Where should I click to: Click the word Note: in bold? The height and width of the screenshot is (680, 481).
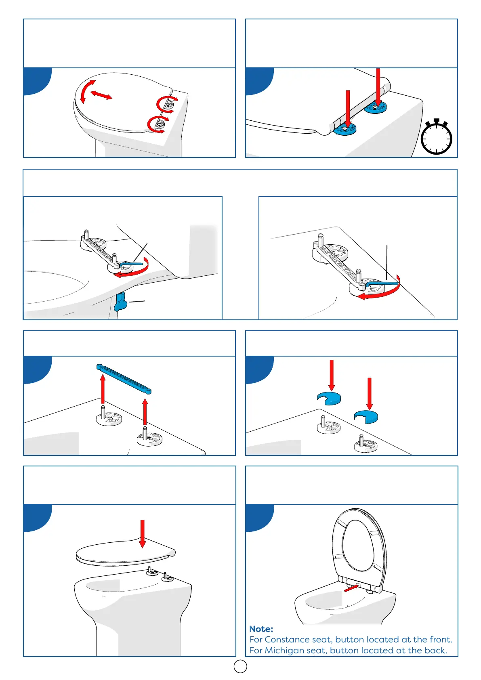(x=261, y=629)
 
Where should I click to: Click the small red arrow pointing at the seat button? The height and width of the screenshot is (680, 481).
(x=351, y=588)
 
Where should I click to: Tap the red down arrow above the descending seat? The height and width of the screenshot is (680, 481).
(x=142, y=533)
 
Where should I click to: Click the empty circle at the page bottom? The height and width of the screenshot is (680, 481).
(x=240, y=666)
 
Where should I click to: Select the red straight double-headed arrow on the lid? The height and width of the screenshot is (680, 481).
(x=101, y=95)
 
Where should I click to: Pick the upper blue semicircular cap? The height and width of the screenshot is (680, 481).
(x=329, y=398)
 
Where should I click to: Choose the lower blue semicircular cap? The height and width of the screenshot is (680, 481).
(x=366, y=416)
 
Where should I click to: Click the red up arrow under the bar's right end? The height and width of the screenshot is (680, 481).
(x=145, y=411)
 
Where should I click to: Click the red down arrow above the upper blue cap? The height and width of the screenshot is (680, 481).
(x=332, y=375)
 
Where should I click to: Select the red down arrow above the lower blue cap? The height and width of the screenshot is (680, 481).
(x=369, y=393)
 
